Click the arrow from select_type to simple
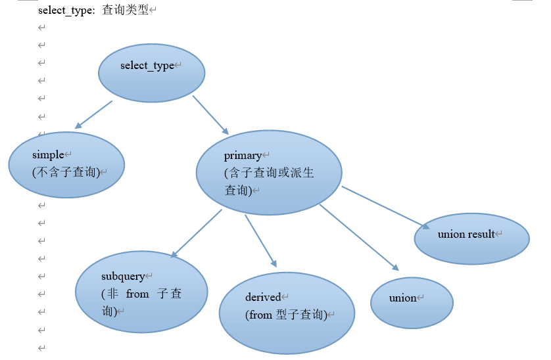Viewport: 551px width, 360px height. pyautogui.click(x=94, y=114)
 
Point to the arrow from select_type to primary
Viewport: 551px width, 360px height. pyautogui.click(x=210, y=115)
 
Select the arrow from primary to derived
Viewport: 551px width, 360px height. pyautogui.click(x=260, y=240)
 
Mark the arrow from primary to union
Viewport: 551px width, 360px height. pyautogui.click(x=359, y=237)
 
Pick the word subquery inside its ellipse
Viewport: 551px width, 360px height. pyautogui.click(x=122, y=277)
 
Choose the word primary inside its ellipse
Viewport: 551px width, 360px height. pyautogui.click(x=243, y=156)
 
